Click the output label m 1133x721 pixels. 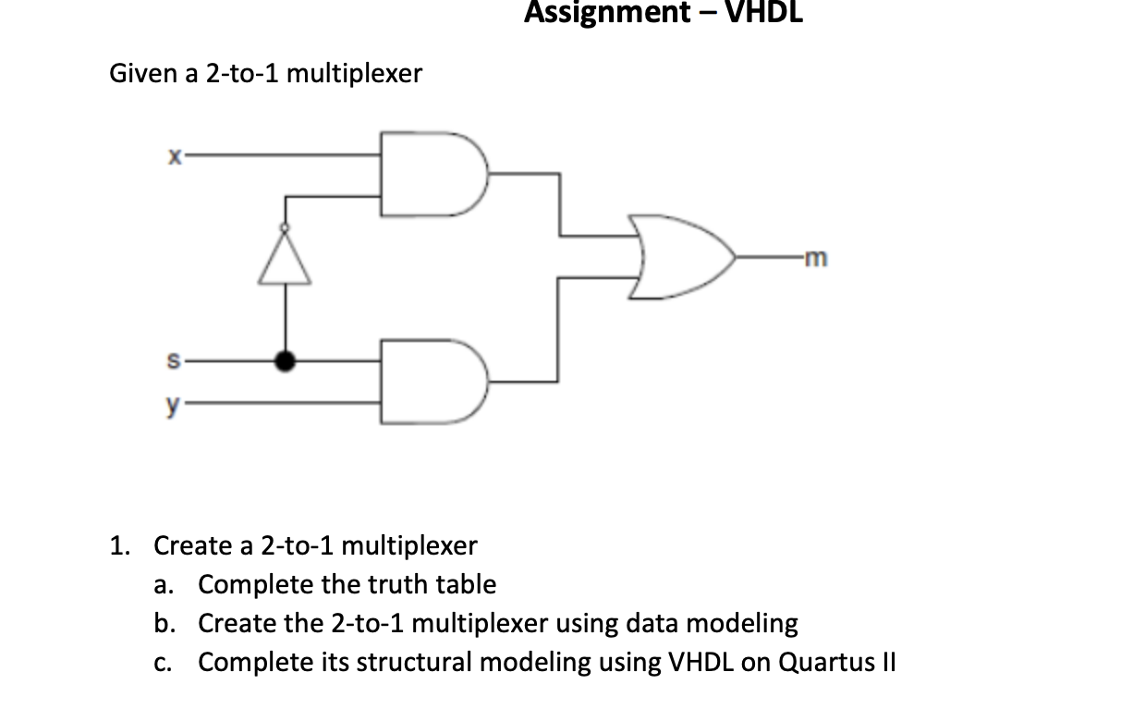pyautogui.click(x=810, y=258)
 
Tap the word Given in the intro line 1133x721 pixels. pyautogui.click(x=138, y=73)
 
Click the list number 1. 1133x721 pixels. pyautogui.click(x=117, y=545)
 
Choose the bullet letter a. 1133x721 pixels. pyautogui.click(x=162, y=585)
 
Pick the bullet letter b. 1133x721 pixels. pyautogui.click(x=163, y=623)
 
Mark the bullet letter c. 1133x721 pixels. pyautogui.click(x=162, y=663)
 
